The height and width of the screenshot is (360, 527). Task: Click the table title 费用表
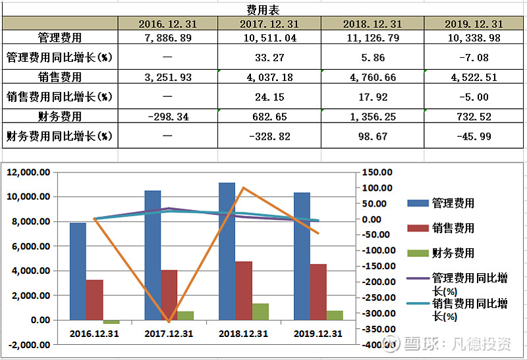[x=263, y=10]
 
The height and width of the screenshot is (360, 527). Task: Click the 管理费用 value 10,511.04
[x=269, y=38]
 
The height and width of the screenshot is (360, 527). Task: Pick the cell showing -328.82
[x=269, y=137]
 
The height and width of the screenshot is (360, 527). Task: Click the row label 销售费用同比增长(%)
[x=59, y=97]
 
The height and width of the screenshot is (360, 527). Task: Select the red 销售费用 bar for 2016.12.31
[x=95, y=300]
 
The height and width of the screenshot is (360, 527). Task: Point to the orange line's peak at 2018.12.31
[x=243, y=188]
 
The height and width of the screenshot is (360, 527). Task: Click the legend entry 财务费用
[x=453, y=253]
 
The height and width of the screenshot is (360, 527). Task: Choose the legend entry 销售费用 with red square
[x=453, y=228]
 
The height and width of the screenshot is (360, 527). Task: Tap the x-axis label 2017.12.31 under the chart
[x=169, y=334]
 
